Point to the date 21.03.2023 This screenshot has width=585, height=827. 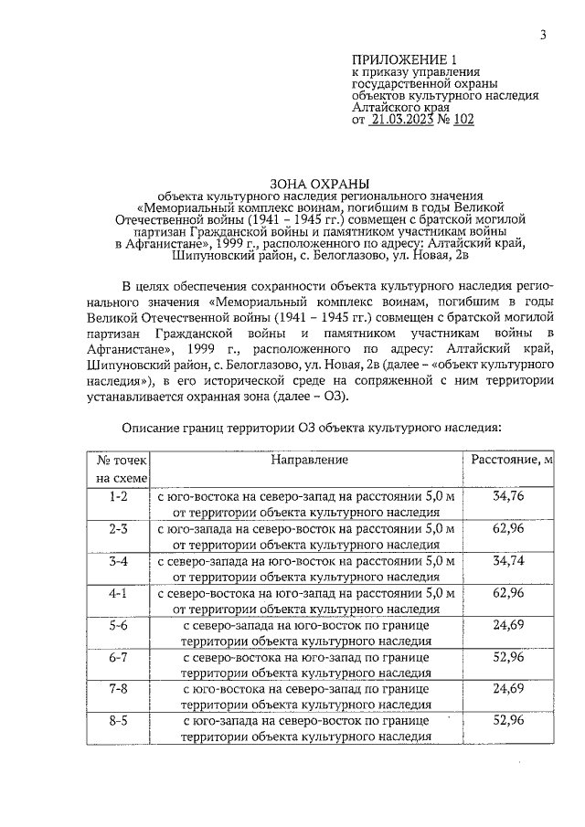click(x=404, y=119)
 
